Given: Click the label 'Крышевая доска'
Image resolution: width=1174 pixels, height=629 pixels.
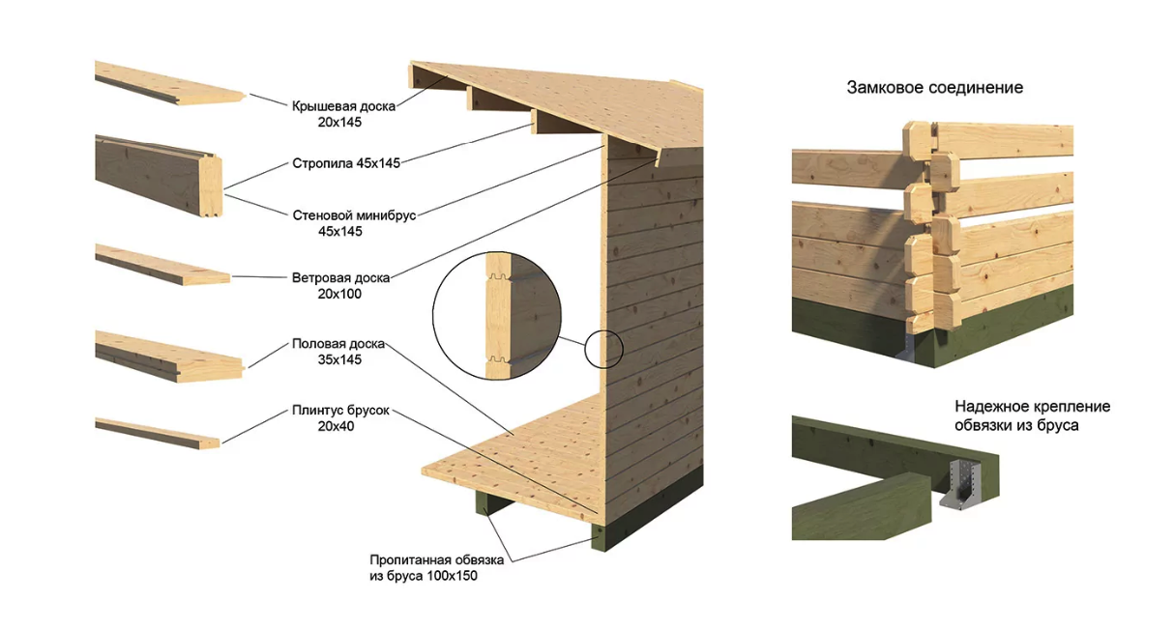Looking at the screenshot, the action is pos(343,106).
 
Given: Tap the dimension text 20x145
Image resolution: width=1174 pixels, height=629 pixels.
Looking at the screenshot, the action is pos(339,122).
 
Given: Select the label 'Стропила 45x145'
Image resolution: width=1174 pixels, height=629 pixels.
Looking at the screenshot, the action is pos(346,163).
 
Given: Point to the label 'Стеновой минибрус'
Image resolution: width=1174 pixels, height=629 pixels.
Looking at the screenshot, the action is pos(354,215).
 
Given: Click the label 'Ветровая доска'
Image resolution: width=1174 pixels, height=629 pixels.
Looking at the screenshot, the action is pos(340,277).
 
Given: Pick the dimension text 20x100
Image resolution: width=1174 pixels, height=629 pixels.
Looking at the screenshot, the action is pos(339,294).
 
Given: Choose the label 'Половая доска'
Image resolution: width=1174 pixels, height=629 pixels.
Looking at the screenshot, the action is pos(338,344).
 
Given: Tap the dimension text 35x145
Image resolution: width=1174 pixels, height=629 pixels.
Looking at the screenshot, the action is pos(339,359).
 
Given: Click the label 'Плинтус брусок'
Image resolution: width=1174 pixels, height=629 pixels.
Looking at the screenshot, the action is pos(340,411).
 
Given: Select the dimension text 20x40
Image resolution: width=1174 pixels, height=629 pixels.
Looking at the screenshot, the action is pos(336,426).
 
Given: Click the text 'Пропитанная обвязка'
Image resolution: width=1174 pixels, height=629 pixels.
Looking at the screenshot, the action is pos(436,559).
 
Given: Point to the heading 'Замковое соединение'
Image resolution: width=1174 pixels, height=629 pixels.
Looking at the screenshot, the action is pos(935,88).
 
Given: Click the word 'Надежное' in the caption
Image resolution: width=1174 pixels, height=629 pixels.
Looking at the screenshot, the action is pos(991,407).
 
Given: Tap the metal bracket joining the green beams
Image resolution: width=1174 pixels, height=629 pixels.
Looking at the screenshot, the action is pos(959,484).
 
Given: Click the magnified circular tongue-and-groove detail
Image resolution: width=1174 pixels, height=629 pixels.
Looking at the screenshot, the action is pos(496,316).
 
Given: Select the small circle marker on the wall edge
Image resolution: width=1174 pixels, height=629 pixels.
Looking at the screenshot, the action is pos(603,349).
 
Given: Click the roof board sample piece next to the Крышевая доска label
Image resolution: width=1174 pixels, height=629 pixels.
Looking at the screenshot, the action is pos(170,84).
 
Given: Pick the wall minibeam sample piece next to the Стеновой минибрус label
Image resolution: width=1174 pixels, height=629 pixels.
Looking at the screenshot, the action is pos(159,176).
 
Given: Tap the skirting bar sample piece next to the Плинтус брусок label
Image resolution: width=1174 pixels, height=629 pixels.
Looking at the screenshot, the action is pos(158,433).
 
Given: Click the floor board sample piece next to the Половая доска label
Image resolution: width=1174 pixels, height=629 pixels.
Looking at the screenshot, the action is pos(170,357).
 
